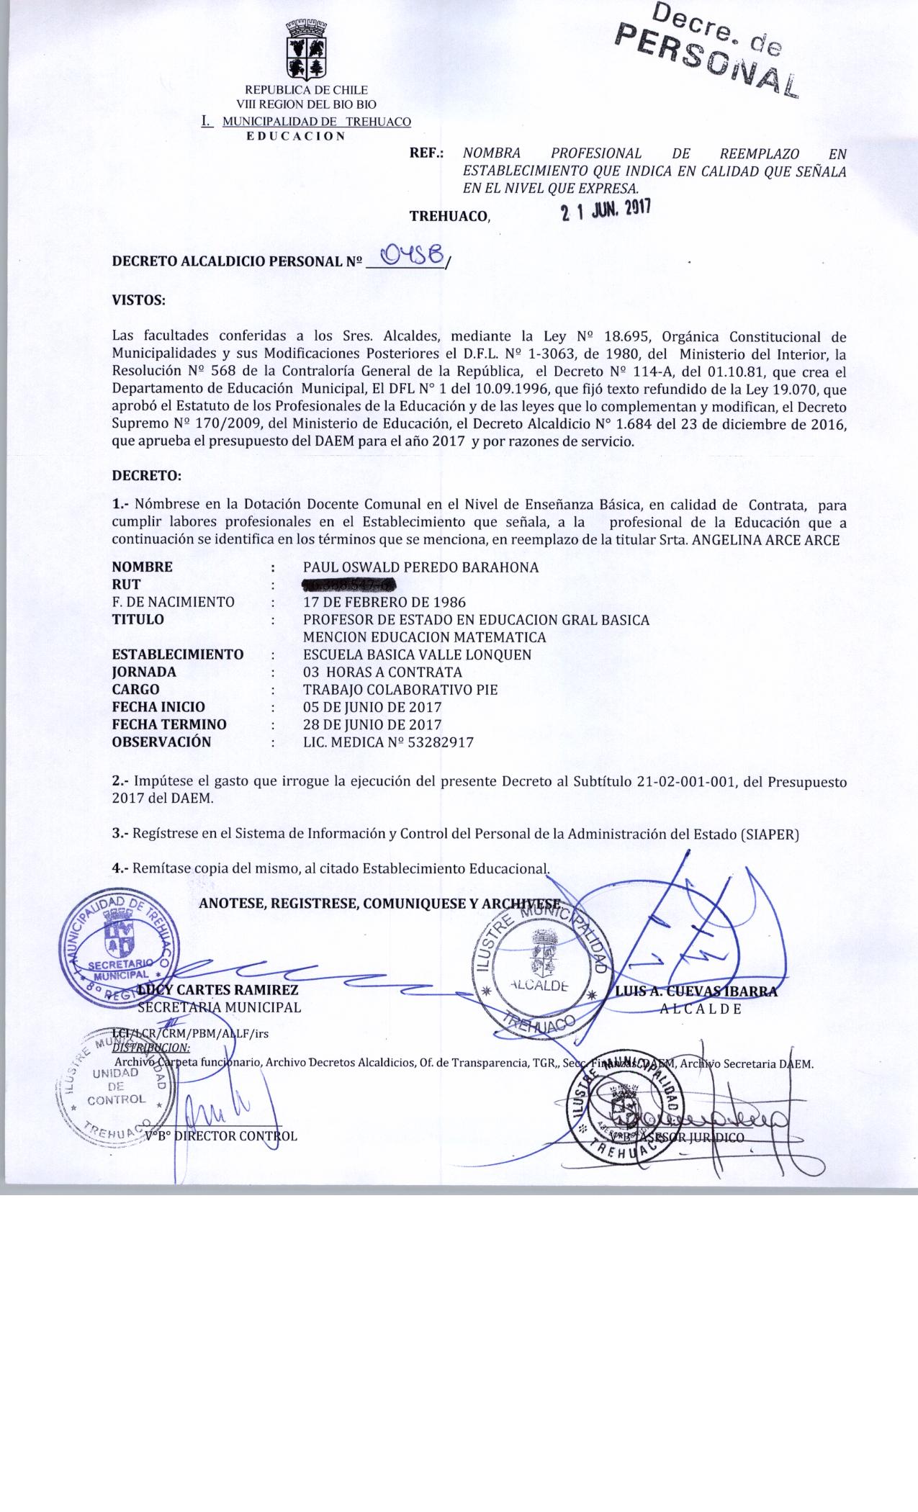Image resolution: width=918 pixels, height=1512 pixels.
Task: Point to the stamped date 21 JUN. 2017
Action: click(x=606, y=210)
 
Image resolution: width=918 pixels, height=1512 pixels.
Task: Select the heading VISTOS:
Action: click(x=139, y=300)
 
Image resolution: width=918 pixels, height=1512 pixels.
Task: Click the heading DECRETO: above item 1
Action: click(x=147, y=476)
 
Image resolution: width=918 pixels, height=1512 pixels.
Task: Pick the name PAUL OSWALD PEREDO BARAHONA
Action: click(x=420, y=567)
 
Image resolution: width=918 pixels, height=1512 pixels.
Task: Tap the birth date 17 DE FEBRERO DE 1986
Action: click(x=384, y=602)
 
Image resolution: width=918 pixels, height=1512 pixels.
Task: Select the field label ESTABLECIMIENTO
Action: click(x=178, y=654)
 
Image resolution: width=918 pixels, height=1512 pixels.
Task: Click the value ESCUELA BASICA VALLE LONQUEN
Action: click(x=417, y=654)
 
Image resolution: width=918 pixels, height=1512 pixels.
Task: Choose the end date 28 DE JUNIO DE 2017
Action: click(x=372, y=724)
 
